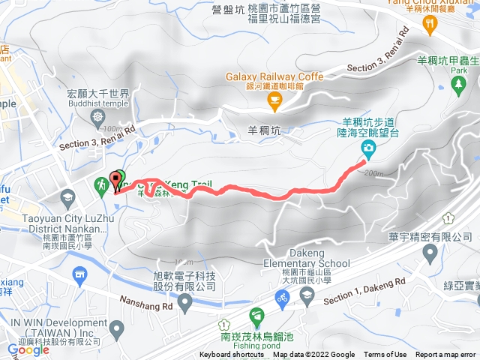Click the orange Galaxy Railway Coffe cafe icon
pyautogui.click(x=275, y=98)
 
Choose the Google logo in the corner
pyautogui.click(x=28, y=349)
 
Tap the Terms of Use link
pyautogui.click(x=385, y=355)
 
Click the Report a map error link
pyautogui.click(x=447, y=355)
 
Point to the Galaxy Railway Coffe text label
pyautogui.click(x=274, y=76)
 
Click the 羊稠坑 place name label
pyautogui.click(x=263, y=130)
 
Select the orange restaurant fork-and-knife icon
pyautogui.click(x=430, y=25)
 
